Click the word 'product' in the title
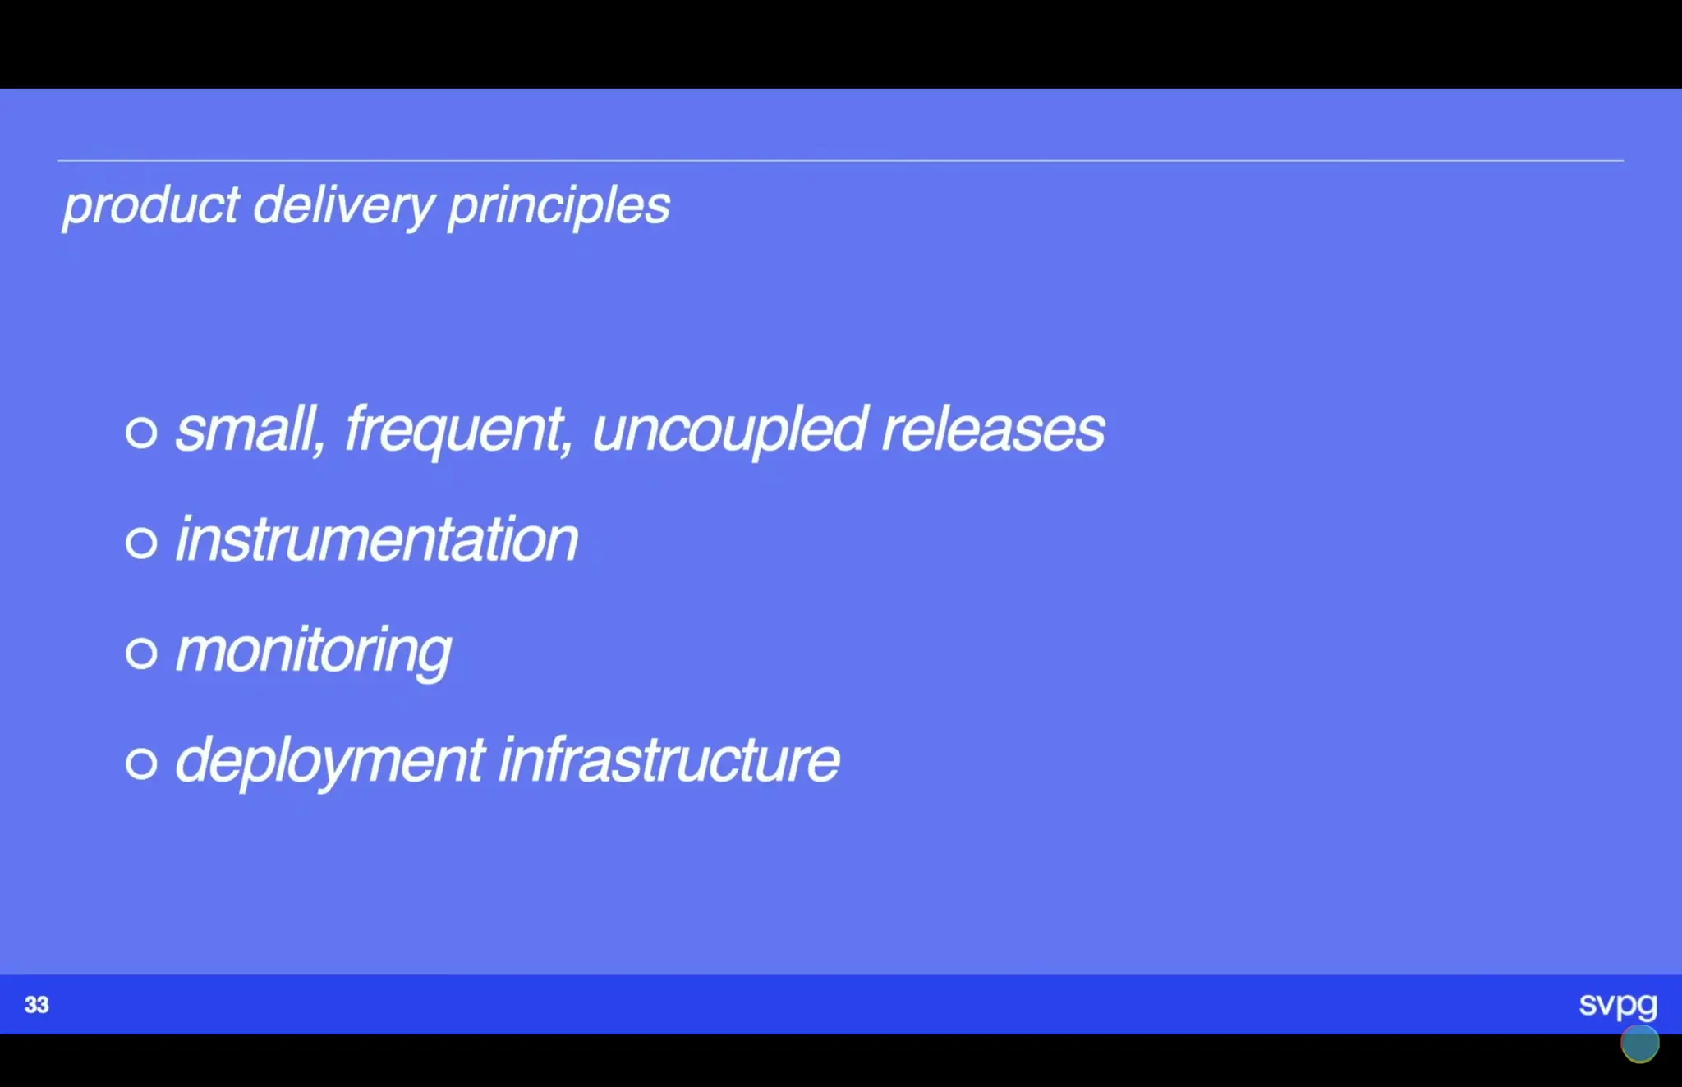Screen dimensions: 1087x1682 point(151,205)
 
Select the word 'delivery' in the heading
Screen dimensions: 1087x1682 point(343,205)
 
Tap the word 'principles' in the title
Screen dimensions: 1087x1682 point(558,205)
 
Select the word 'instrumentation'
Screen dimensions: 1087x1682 point(377,540)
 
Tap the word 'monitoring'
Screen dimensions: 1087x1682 point(313,651)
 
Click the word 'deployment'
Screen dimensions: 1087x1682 point(330,761)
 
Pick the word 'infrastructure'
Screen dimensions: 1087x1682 point(669,760)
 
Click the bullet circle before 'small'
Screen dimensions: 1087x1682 point(141,432)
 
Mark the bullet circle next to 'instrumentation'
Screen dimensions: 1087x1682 point(141,543)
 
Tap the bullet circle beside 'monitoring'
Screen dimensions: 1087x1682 point(141,653)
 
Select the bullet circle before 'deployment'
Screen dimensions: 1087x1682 point(141,763)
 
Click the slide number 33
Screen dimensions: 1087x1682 point(37,1005)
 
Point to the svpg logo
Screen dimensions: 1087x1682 point(1617,1004)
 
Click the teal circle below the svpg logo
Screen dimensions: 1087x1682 point(1639,1043)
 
